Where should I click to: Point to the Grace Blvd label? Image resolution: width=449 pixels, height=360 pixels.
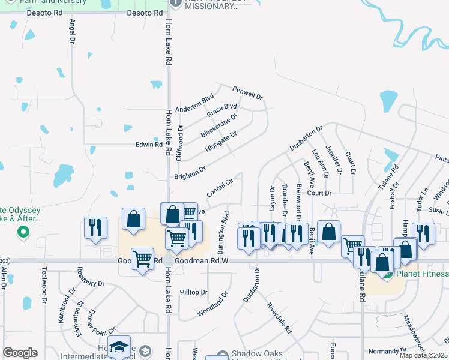(221, 111)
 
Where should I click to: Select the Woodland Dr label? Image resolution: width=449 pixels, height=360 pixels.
(213, 304)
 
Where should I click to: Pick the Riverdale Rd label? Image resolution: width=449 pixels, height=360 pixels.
(279, 322)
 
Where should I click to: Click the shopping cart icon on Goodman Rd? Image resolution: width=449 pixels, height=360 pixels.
(142, 259)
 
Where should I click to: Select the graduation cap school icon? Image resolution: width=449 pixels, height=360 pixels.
(119, 346)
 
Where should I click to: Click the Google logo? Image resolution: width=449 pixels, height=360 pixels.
(20, 353)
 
